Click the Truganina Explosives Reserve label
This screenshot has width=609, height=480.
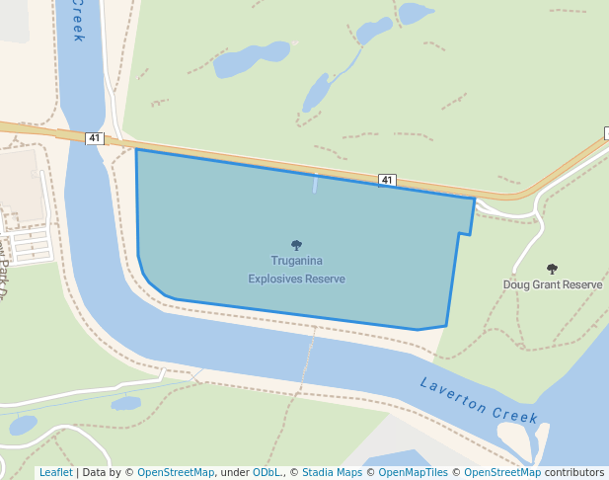click(x=296, y=270)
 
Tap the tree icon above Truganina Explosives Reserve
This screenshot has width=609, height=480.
click(x=296, y=245)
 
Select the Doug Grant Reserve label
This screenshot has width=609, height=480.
click(x=552, y=284)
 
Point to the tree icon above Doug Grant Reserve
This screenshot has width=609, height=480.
click(x=552, y=268)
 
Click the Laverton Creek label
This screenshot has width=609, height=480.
click(x=479, y=401)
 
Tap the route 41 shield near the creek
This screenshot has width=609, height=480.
click(x=95, y=138)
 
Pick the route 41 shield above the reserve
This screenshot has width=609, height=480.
click(x=387, y=180)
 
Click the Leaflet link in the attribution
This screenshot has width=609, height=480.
click(x=55, y=472)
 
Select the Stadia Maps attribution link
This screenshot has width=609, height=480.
click(x=332, y=472)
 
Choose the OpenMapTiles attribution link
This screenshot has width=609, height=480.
click(x=413, y=472)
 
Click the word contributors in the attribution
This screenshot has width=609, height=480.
click(x=574, y=472)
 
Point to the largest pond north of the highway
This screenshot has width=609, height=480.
click(x=237, y=63)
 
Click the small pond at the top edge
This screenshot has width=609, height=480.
click(x=416, y=13)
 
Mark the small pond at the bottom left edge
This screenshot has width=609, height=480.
click(x=22, y=426)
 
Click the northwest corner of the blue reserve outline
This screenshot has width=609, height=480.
click(x=136, y=150)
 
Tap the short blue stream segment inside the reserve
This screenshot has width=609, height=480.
click(x=315, y=184)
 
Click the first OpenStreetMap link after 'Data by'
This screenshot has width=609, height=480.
click(x=176, y=472)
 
